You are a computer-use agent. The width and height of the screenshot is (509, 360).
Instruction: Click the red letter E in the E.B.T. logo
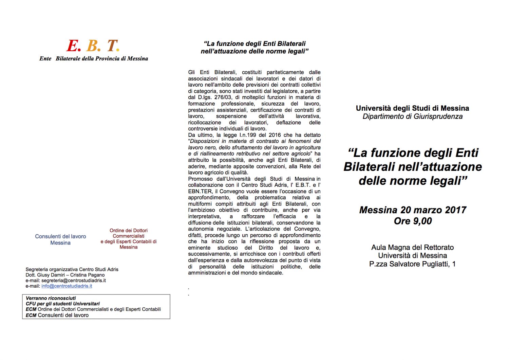point(72,46)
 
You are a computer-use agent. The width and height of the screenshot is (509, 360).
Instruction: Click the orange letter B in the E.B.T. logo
point(92,46)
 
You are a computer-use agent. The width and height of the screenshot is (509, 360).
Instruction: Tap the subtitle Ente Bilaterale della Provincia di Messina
point(94,58)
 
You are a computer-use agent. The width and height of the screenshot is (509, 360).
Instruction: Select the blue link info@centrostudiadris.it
point(67,286)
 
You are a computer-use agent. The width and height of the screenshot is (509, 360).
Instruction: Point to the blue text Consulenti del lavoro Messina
point(60,239)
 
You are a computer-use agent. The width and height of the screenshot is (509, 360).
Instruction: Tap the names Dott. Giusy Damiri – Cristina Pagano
point(65,275)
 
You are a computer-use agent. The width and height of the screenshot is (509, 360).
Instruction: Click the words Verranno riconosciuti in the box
point(51,298)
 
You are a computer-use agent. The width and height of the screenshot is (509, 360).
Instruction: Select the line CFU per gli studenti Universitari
point(63,304)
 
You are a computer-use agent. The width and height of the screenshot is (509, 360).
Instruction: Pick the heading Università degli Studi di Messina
point(412,108)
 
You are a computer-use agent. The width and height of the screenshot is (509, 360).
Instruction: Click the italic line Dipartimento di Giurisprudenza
point(412,116)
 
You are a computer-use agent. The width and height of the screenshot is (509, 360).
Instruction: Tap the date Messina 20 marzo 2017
point(413,210)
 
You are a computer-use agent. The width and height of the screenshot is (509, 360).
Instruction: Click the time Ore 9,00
point(413,221)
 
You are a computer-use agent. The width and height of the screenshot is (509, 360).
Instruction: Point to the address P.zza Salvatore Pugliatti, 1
point(412,264)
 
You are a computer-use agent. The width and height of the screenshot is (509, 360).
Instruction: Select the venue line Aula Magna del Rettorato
point(412,247)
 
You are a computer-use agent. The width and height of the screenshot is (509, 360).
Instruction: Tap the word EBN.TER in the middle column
point(200,191)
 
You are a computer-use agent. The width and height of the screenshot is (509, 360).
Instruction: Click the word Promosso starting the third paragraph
point(200,179)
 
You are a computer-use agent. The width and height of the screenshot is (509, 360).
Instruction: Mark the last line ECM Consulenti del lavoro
point(57,315)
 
